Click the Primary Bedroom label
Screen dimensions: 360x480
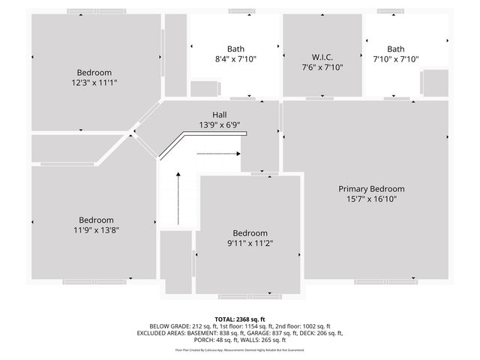[x=371, y=189]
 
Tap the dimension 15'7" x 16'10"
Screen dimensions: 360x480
[x=371, y=199]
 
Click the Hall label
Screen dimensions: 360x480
[x=220, y=115]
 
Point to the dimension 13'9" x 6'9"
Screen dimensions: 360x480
[x=220, y=125]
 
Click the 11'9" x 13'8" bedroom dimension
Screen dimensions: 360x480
[x=97, y=230]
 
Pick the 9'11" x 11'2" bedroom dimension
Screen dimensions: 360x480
[x=250, y=243]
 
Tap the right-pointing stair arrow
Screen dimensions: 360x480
[x=218, y=153]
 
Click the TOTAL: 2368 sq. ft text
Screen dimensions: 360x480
[x=240, y=319]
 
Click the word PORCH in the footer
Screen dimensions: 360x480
[x=205, y=340]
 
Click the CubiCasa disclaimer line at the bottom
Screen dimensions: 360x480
[x=240, y=350]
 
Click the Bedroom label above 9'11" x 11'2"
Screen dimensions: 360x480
[x=250, y=232]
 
